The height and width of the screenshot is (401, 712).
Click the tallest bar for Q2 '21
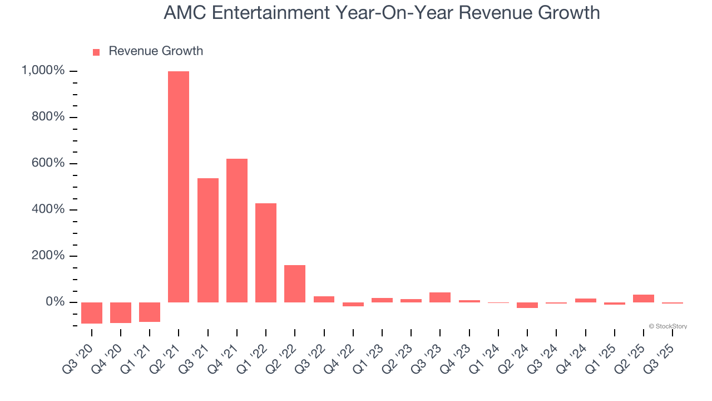pyautogui.click(x=179, y=187)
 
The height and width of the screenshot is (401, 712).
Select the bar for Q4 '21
pyautogui.click(x=237, y=231)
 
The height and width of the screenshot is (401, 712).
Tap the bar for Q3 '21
pyautogui.click(x=208, y=240)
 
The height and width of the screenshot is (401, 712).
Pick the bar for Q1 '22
pyautogui.click(x=266, y=253)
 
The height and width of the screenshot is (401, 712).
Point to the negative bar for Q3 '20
pyautogui.click(x=92, y=312)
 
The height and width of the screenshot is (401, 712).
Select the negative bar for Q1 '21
pyautogui.click(x=150, y=312)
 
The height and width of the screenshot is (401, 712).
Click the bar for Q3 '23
pyautogui.click(x=440, y=297)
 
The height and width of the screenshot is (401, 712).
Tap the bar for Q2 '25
pyautogui.click(x=643, y=299)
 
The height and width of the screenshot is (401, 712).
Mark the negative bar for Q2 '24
pyautogui.click(x=527, y=305)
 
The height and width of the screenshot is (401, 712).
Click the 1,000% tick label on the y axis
pyautogui.click(x=43, y=71)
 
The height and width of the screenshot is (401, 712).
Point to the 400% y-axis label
pyautogui.click(x=48, y=209)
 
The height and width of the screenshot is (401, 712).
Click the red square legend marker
pyautogui.click(x=96, y=52)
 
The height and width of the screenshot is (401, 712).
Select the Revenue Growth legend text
pyautogui.click(x=156, y=51)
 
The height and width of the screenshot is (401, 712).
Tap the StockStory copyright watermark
pyautogui.click(x=667, y=326)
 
